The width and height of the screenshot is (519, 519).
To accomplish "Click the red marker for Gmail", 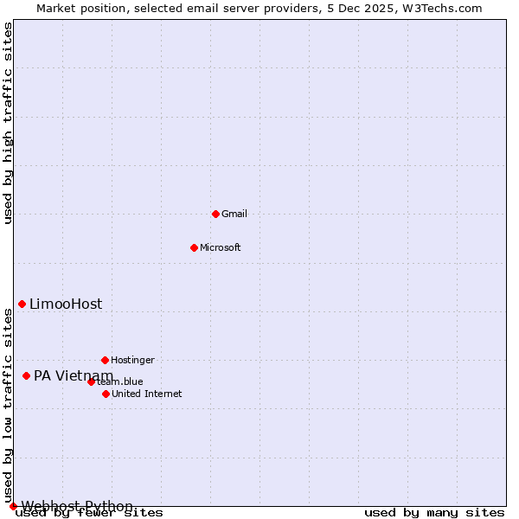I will pos(215,214).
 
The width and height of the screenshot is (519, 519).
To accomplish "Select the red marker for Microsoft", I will pos(194,247).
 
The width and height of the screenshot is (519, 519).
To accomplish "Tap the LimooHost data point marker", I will pos(22,304).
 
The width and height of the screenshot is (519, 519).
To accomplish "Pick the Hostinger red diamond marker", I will pos(105,360).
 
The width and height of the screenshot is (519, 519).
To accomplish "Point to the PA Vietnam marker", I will pos(26,375).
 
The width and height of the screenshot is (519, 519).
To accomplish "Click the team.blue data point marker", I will pos(91,381).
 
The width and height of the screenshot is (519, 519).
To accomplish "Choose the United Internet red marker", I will pos(106,394).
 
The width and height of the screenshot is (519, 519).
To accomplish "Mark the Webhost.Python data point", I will pos(13,506).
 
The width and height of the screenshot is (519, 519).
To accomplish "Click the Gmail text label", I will pos(234,214).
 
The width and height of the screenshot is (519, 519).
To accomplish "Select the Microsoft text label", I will pos(221,247).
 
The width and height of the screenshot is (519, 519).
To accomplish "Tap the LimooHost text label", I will pos(66,304).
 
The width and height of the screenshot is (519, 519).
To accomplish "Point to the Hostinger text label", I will pos(132,360).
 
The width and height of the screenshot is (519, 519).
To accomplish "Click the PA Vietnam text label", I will pos(74,375).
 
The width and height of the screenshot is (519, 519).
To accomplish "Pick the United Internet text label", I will pos(147,394).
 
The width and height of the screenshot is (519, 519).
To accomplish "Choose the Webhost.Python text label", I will pos(77,506).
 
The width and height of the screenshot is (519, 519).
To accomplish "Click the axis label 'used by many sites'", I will pos(434,513).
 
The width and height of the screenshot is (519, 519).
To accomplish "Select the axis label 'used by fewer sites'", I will pos(90,513).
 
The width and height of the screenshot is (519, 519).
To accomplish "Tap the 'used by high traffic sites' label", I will pos(9,123).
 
